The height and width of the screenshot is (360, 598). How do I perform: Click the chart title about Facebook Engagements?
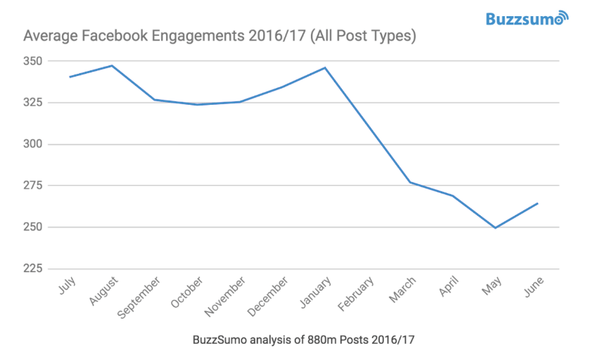pos(220,36)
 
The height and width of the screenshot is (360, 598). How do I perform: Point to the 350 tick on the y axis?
pos(33,61)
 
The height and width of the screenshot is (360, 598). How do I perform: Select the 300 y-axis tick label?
pos(33,144)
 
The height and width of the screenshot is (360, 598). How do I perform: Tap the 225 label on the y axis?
pos(33,269)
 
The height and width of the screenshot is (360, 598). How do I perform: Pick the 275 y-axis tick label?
pos(33,186)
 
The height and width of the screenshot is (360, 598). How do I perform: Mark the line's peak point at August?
pos(112,65)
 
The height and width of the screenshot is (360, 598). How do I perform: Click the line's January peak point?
pos(324,67)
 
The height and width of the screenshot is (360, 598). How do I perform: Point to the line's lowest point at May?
pos(495,228)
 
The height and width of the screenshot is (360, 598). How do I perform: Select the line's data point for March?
pos(409,182)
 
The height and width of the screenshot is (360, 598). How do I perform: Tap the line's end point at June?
pos(537,203)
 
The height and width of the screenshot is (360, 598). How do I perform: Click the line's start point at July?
pos(70,77)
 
